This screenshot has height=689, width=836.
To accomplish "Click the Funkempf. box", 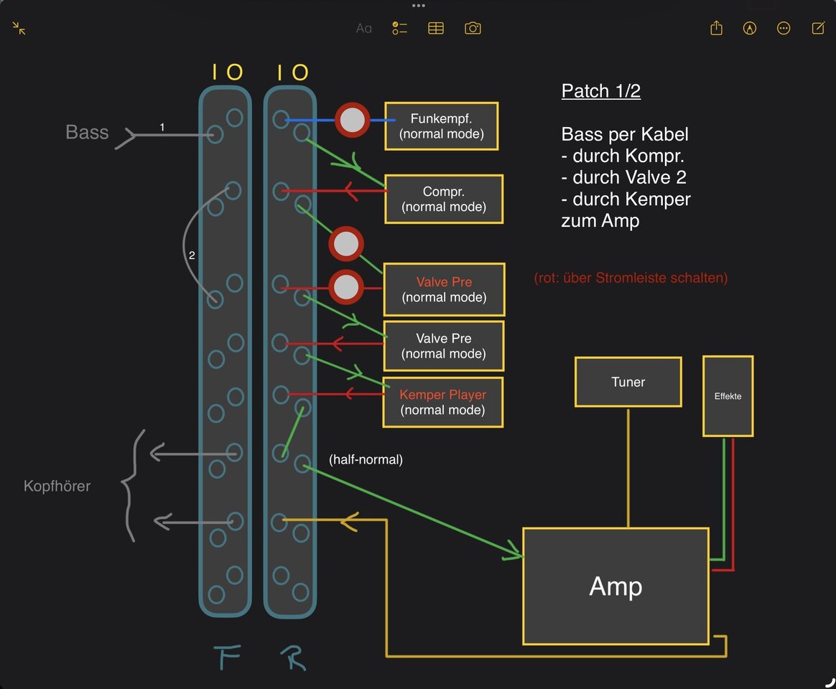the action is tap(442, 126).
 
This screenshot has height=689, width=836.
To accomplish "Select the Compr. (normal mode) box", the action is tap(444, 199).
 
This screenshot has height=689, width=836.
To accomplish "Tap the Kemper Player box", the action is tap(443, 403).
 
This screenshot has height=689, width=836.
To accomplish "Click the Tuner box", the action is tap(628, 382).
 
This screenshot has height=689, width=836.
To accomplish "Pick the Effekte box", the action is tap(728, 396).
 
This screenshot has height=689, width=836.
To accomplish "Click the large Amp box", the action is tap(616, 586).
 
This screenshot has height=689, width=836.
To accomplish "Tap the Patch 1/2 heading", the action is tap(601, 90).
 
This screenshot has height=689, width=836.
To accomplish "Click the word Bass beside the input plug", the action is tap(87, 131).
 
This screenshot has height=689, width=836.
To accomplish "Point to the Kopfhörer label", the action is tap(57, 486).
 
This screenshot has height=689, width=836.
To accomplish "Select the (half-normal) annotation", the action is tap(366, 459).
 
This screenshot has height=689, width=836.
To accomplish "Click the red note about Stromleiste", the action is tap(631, 278).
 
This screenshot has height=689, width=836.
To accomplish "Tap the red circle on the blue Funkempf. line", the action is tap(352, 121).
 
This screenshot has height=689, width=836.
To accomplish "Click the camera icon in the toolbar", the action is tap(473, 28).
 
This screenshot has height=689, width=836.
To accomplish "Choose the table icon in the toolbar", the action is tap(435, 28).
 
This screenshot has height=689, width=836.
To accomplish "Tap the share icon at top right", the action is tap(716, 28).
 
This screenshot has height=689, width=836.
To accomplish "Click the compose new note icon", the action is tap(818, 28).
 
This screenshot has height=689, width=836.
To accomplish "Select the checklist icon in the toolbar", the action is tap(399, 28).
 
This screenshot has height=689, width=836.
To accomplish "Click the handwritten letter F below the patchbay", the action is tap(226, 657).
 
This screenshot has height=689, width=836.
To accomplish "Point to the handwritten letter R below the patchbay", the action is tap(293, 657).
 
